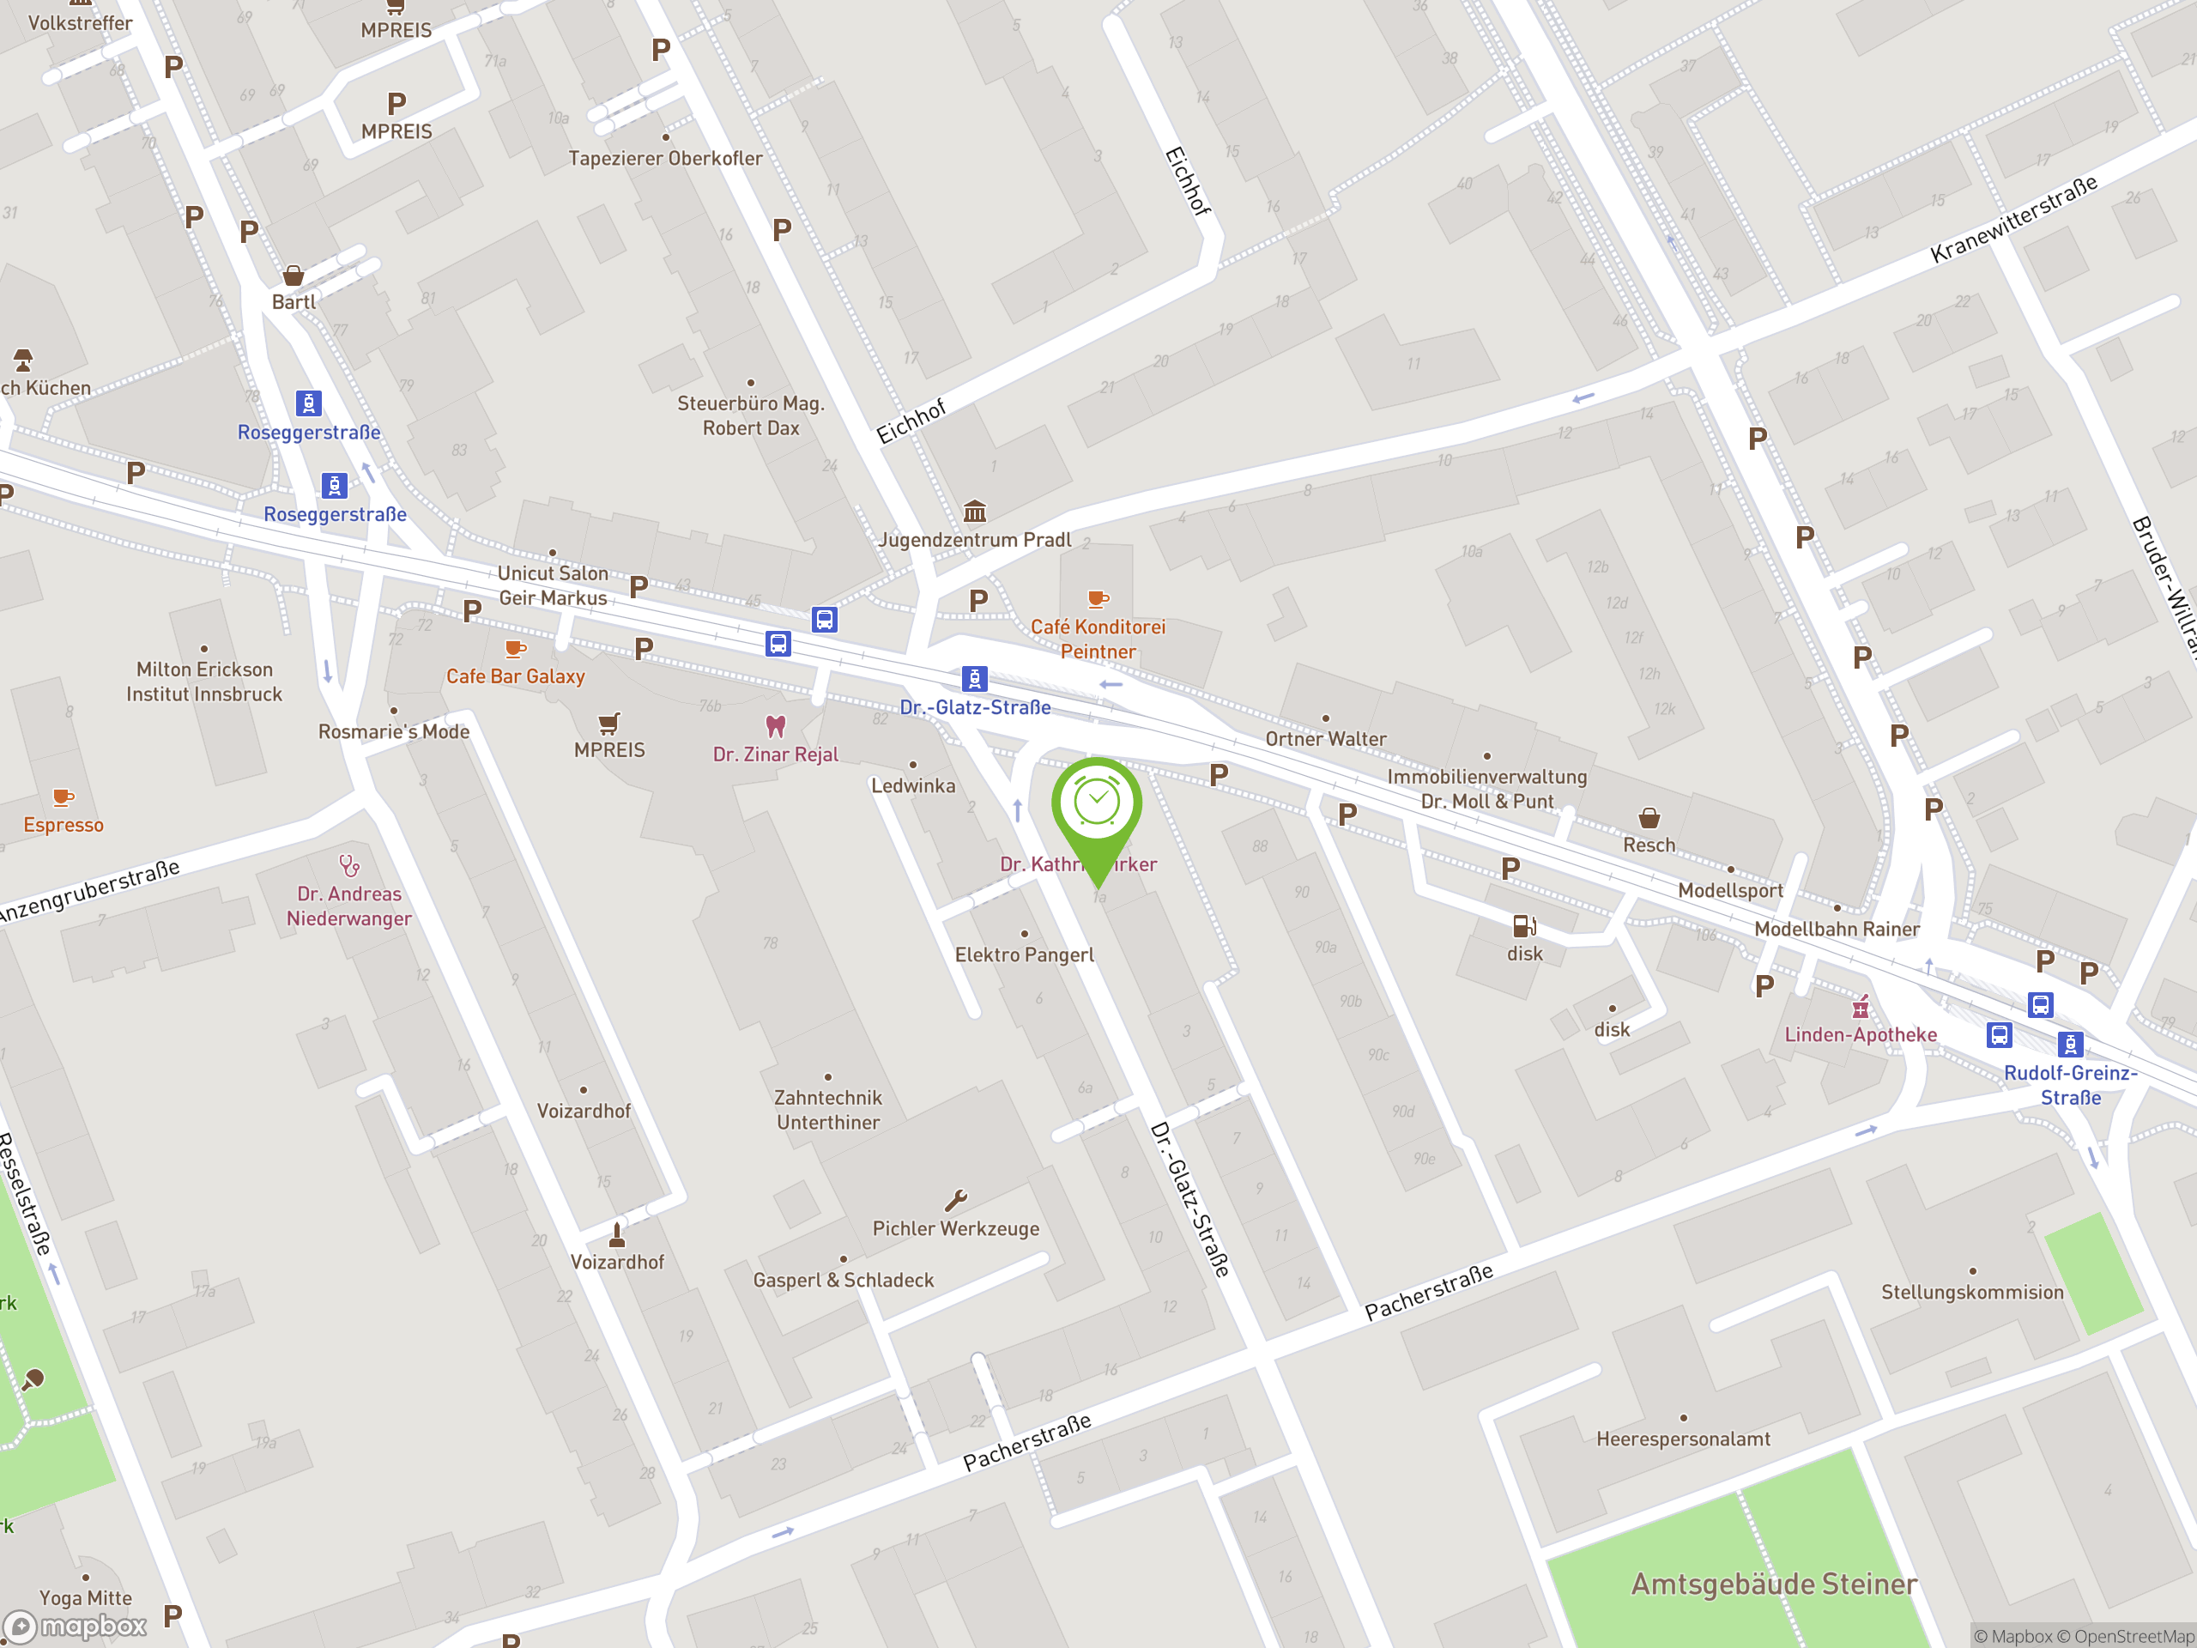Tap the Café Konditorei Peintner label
pos(1098,639)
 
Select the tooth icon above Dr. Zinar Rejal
pos(776,726)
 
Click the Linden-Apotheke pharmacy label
pos(1861,1034)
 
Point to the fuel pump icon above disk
pos(1523,926)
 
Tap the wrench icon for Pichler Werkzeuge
pos(955,1201)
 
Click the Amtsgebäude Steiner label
pos(1774,1584)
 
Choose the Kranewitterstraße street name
pos(2013,219)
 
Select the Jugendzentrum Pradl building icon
pos(974,512)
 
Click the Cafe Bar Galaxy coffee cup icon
pos(514,649)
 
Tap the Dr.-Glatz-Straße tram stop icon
pos(974,678)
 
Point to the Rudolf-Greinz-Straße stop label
pos(2070,1085)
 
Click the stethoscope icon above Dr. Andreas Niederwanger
pos(348,865)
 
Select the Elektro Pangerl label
pos(1024,954)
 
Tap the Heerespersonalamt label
pos(1683,1439)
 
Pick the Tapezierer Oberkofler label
pos(665,158)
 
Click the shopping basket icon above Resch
pos(1649,817)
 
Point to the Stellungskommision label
pos(1971,1292)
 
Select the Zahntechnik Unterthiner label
pos(827,1110)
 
